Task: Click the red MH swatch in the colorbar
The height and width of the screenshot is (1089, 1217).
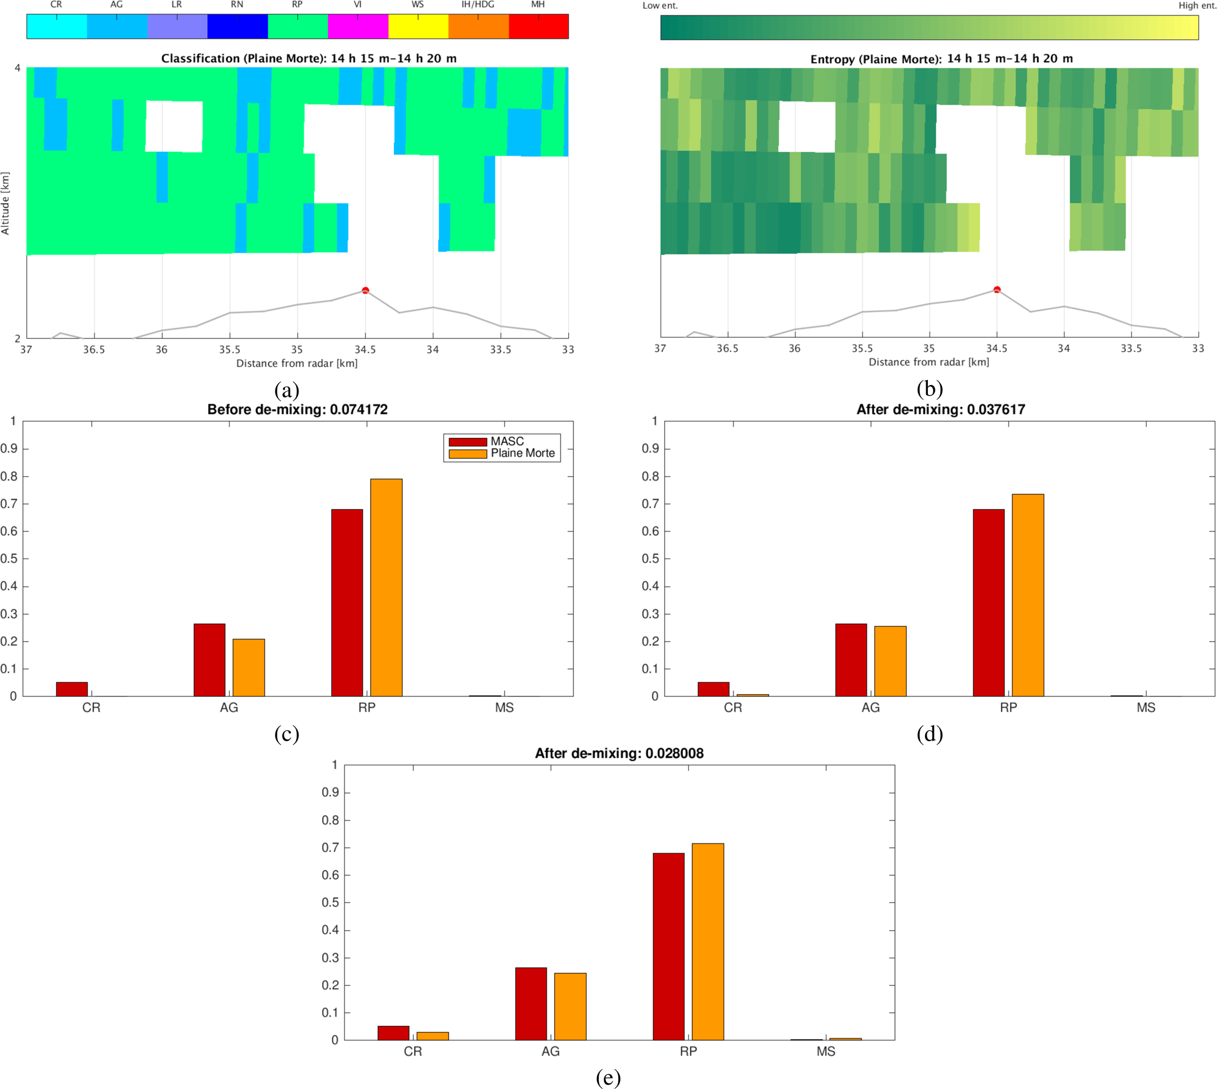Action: (x=539, y=27)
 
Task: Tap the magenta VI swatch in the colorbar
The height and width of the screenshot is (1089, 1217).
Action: (x=358, y=27)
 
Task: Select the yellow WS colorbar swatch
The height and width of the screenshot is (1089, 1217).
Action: (x=418, y=27)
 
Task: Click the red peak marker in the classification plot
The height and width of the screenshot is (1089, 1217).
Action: (x=365, y=291)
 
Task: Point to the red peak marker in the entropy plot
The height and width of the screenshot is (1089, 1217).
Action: (x=997, y=290)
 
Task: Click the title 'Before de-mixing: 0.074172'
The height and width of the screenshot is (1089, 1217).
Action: (x=297, y=410)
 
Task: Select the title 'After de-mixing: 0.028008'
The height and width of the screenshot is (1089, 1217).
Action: (x=619, y=753)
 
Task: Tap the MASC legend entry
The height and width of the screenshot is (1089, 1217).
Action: (x=506, y=441)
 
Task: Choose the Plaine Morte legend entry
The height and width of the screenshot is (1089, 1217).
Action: (x=522, y=453)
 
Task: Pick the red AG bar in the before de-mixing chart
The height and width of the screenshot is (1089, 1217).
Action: (x=210, y=660)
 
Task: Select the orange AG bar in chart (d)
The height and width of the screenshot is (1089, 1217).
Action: (x=890, y=661)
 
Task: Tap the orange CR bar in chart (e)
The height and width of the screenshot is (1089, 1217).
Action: (x=433, y=1036)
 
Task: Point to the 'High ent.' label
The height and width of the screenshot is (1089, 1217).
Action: (x=1196, y=5)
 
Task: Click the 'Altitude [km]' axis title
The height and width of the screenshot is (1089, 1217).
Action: (x=5, y=204)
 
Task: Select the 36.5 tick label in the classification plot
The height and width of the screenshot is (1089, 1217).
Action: (x=94, y=350)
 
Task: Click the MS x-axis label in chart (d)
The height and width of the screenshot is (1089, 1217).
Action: (x=1146, y=708)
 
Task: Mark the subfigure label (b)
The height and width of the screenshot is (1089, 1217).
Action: (x=929, y=389)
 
